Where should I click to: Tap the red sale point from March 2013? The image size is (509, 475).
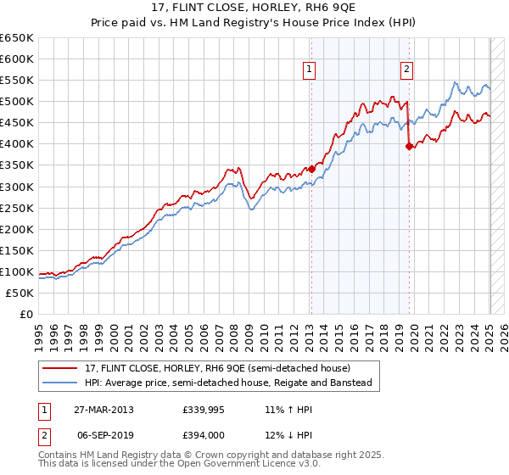pyautogui.click(x=311, y=169)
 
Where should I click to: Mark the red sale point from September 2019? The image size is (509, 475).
pyautogui.click(x=409, y=146)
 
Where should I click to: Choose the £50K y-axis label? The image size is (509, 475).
pyautogui.click(x=20, y=293)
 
